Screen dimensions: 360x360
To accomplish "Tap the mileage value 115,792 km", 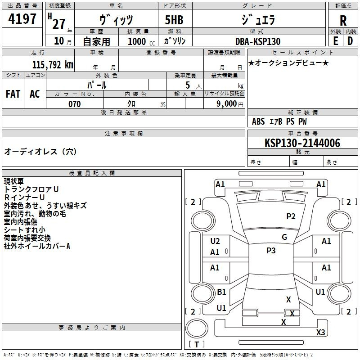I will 52,65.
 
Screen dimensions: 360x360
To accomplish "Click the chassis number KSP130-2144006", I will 302,143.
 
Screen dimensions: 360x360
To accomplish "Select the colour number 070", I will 74,104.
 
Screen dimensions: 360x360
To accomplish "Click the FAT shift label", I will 13,94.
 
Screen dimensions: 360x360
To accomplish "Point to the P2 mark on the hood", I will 291,216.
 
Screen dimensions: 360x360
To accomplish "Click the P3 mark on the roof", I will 271,251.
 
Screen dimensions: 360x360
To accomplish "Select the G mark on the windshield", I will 284,237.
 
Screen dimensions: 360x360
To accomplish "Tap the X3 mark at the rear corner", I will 320,332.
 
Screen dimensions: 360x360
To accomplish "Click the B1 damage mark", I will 221,292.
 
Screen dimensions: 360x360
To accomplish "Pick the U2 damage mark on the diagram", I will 215,241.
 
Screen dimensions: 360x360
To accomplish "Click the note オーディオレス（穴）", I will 40,152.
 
